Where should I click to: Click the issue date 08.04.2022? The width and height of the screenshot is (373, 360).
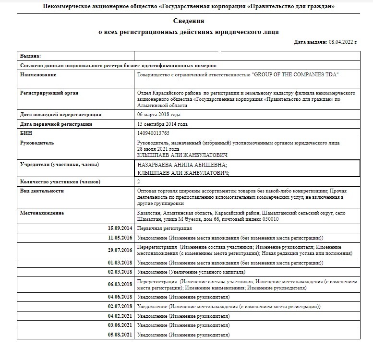click(343, 42)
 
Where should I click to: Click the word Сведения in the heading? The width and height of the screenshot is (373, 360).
click(189, 21)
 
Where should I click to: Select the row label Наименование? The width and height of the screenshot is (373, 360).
click(38, 75)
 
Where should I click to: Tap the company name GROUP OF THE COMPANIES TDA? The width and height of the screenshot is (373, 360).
click(296, 75)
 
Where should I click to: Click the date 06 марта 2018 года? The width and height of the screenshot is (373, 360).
click(159, 115)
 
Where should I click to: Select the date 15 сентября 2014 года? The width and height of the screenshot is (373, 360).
click(162, 124)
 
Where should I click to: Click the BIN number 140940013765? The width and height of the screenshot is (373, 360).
click(154, 133)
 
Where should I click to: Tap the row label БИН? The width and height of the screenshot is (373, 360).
click(26, 133)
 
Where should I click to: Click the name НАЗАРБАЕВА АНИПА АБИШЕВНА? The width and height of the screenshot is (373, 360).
click(182, 165)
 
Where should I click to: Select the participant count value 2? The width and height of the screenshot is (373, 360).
click(139, 181)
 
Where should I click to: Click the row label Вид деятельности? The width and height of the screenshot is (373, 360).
click(42, 191)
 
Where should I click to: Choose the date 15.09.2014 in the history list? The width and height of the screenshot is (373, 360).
click(120, 228)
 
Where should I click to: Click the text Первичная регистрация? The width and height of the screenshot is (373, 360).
click(165, 228)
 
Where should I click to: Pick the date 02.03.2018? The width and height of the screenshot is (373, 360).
click(120, 272)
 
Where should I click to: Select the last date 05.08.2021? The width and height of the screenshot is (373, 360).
click(120, 334)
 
